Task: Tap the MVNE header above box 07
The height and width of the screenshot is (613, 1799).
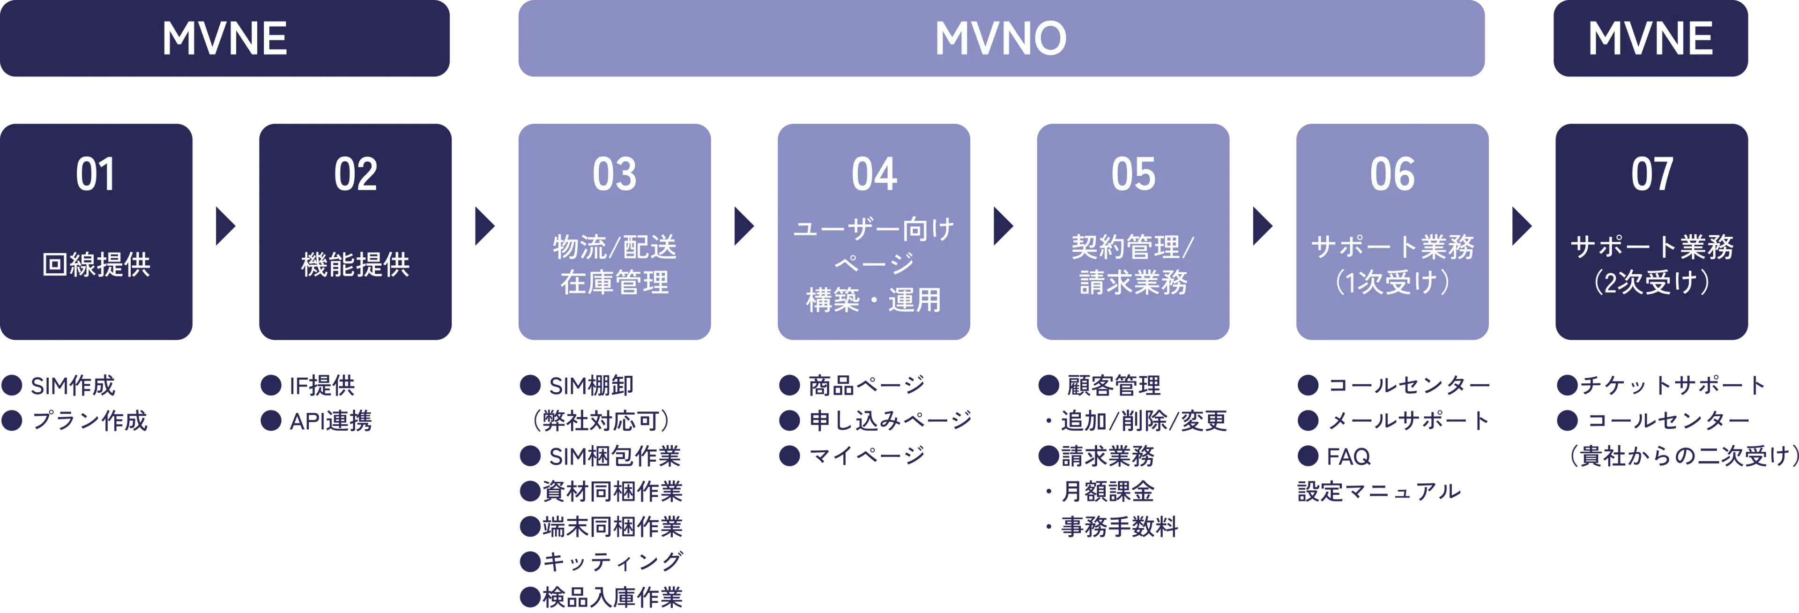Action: click(x=1650, y=38)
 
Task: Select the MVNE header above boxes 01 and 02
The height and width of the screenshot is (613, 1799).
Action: click(x=225, y=38)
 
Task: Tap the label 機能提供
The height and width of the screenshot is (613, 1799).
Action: click(x=356, y=265)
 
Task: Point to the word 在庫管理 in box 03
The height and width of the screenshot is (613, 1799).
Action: click(x=615, y=283)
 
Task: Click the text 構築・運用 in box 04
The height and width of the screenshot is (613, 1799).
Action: click(x=874, y=300)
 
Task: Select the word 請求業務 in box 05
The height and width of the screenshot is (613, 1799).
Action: click(x=1133, y=283)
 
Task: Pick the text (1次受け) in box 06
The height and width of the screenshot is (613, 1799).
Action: click(x=1392, y=283)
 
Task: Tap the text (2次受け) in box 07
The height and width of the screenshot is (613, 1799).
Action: click(x=1651, y=283)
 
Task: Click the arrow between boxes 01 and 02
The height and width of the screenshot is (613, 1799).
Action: click(x=225, y=226)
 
